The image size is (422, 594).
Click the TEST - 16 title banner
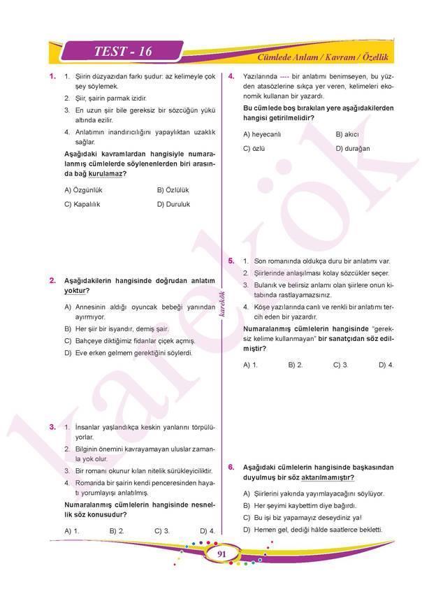pos(122,52)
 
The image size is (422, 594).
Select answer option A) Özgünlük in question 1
pos(83,189)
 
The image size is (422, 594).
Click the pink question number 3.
pos(52,426)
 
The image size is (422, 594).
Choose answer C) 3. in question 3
pos(163,530)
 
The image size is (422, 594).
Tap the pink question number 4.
pos(231,75)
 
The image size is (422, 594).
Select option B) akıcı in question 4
pos(347,133)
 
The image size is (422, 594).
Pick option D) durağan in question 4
pos(353,148)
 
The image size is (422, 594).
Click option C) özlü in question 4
pos(253,148)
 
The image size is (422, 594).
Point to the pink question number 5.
pos(231,261)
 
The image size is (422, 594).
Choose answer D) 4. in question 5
pos(386,364)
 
